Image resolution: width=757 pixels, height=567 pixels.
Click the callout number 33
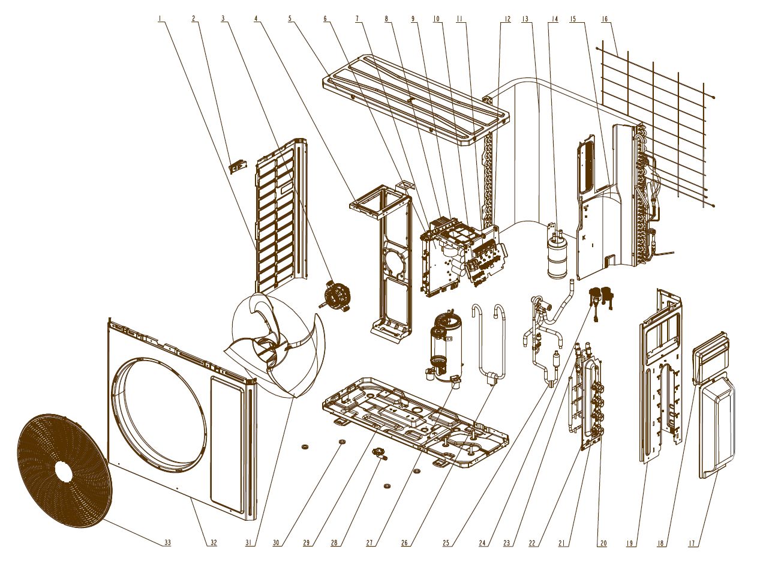point(167,542)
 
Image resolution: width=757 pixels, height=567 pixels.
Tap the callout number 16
point(605,19)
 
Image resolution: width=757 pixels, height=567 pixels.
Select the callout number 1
point(160,19)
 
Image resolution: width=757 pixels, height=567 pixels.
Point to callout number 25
point(446,543)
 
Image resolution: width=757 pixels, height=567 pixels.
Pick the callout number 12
point(507,19)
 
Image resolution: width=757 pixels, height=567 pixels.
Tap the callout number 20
point(603,543)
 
